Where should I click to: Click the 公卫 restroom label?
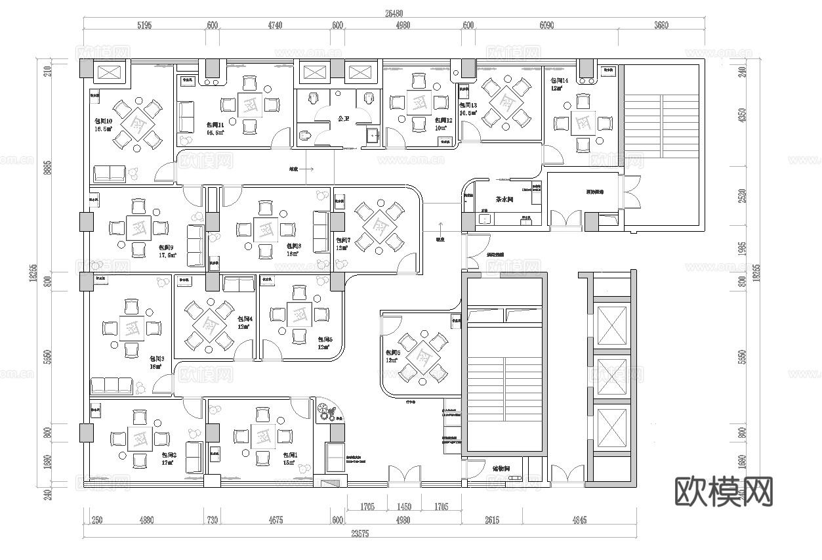pyautogui.click(x=342, y=119)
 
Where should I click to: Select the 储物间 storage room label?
pyautogui.click(x=506, y=469)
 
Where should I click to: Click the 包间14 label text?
pyautogui.click(x=560, y=80)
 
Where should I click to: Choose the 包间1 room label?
pyautogui.click(x=290, y=455)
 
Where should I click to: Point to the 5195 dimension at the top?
pyautogui.click(x=144, y=26)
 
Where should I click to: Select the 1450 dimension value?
pyautogui.click(x=405, y=507)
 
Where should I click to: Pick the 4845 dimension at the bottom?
pyautogui.click(x=579, y=520)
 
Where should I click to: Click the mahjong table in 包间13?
pyautogui.click(x=504, y=102)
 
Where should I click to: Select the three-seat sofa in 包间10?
pyautogui.click(x=110, y=173)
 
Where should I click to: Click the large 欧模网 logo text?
pyautogui.click(x=724, y=491)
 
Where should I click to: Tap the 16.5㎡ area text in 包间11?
pyautogui.click(x=215, y=133)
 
